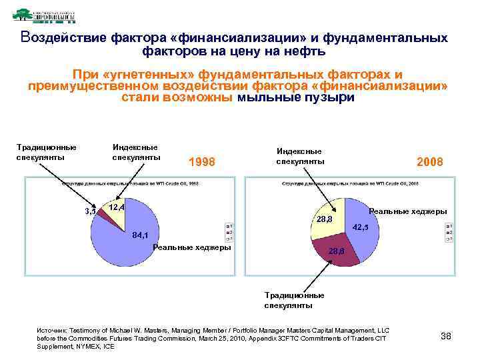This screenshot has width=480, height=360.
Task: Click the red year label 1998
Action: tap(203, 162)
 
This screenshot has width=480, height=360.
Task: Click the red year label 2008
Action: tap(429, 162)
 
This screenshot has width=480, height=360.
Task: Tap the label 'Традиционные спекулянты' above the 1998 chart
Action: tap(46, 152)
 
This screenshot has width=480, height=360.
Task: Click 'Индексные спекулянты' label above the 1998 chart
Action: tap(136, 152)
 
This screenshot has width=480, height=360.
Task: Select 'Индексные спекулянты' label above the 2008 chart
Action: tap(299, 156)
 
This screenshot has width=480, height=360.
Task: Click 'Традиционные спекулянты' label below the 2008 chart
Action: tap(294, 300)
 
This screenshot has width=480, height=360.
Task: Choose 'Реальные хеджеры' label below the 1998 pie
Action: tap(192, 247)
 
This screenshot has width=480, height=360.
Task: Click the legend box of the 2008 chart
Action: tap(449, 231)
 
